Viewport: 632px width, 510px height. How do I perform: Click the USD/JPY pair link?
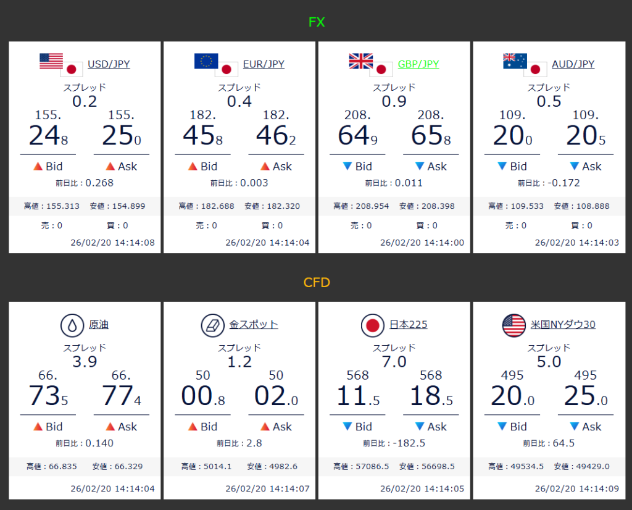[109, 64]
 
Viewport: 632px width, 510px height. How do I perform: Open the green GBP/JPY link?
[418, 64]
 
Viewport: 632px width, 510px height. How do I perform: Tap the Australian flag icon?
[515, 61]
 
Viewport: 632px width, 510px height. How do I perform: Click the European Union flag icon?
[206, 61]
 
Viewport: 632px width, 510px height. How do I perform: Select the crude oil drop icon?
[72, 325]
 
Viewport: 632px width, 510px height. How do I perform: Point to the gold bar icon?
[212, 325]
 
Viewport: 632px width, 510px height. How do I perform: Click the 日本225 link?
[409, 325]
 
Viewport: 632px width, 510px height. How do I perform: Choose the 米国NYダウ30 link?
[563, 325]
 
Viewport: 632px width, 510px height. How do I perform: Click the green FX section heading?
[317, 23]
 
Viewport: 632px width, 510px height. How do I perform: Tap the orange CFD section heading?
[317, 283]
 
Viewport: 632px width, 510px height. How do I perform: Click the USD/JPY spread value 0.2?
[85, 101]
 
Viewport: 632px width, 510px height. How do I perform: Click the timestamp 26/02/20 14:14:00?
[422, 243]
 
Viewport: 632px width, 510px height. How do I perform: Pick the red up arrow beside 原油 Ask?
[110, 427]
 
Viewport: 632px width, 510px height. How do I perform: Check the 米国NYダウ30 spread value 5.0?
[549, 362]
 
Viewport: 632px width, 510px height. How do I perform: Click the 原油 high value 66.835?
[59, 467]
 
